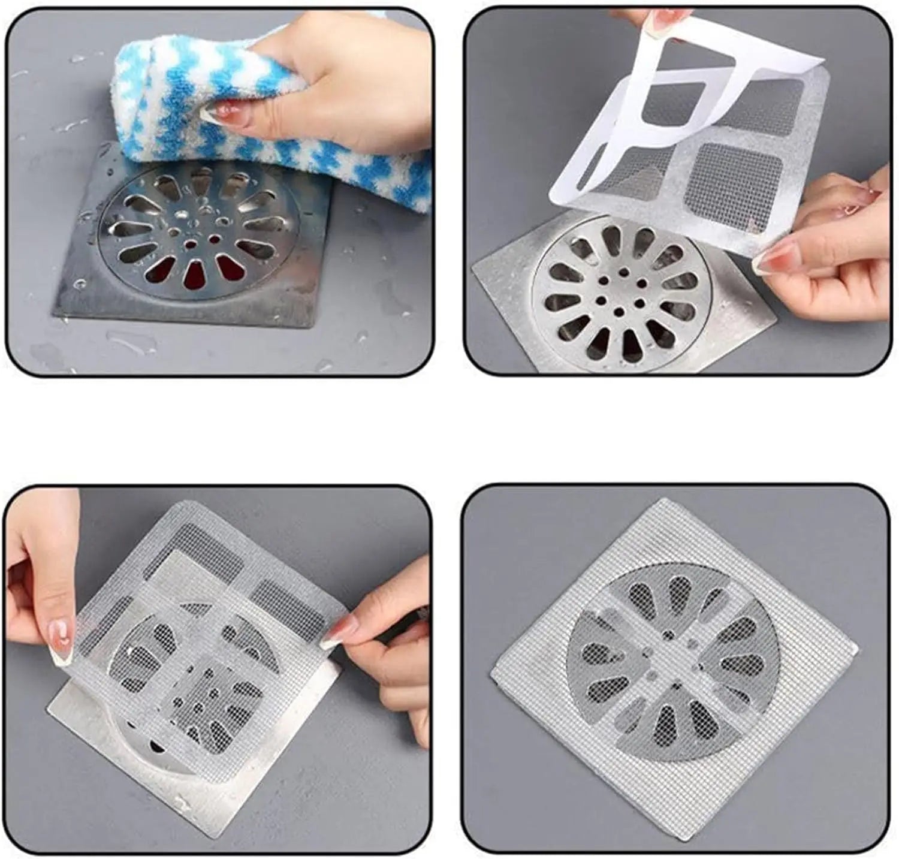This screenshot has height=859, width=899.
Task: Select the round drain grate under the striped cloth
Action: coord(198,240)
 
